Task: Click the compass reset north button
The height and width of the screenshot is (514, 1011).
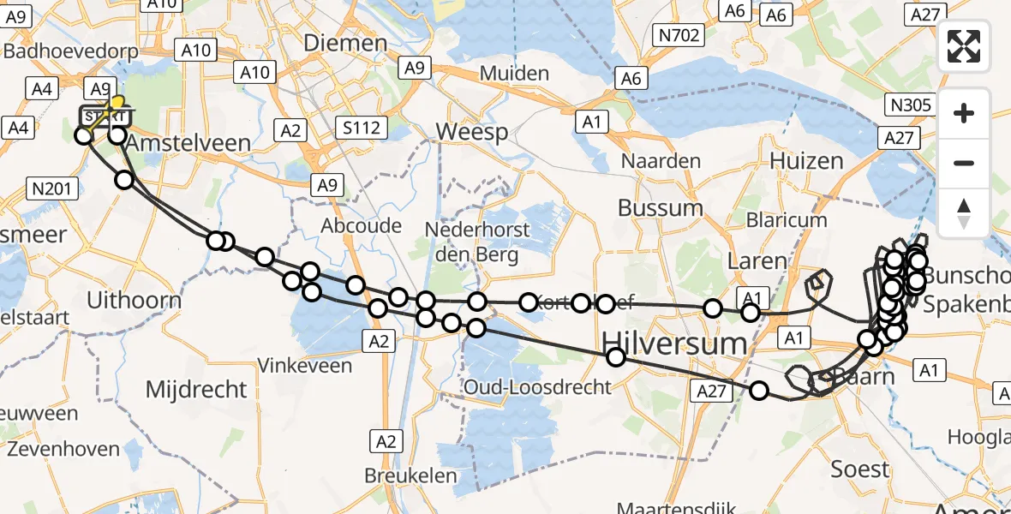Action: [x=964, y=213]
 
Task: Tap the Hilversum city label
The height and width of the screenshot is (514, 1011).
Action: [x=674, y=344]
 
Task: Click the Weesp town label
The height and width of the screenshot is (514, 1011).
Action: [x=472, y=132]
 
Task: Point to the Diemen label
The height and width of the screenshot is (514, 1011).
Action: [x=346, y=44]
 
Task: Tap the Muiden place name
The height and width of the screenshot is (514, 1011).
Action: [x=514, y=73]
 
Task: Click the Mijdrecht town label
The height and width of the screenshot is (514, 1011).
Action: [x=196, y=390]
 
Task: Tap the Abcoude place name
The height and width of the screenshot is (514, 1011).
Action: [x=361, y=225]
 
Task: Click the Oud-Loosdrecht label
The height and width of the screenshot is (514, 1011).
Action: [x=537, y=387]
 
